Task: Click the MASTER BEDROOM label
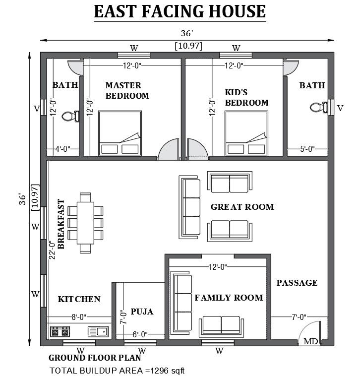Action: (127, 90)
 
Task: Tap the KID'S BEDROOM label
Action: (246, 98)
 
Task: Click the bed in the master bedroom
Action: (120, 133)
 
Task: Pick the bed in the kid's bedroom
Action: (246, 133)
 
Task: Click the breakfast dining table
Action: (85, 223)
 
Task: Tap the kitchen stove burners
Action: (61, 330)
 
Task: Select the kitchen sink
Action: (98, 331)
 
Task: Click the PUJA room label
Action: (142, 312)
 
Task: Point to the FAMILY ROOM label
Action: (229, 298)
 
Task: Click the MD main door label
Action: (311, 341)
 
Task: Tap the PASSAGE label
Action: (297, 283)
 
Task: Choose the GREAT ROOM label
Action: (242, 207)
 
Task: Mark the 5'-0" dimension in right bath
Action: (307, 148)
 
